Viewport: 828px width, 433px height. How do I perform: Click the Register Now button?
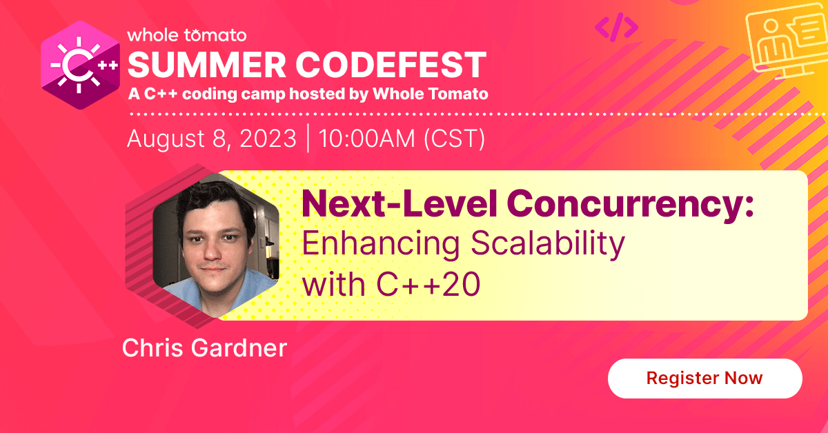704,379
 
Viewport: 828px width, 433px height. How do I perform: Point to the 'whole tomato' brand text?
186,34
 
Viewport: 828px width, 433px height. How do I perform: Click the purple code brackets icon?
616,26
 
